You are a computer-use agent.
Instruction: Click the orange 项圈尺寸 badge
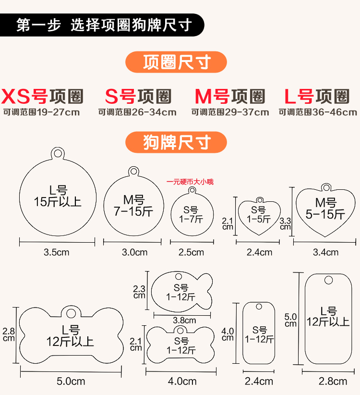coord(176,62)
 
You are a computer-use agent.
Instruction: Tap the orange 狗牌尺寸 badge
coord(176,142)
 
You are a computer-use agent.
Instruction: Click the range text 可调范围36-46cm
coord(318,112)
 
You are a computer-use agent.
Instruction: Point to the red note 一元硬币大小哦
coord(190,182)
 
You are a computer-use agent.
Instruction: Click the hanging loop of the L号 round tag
coord(58,154)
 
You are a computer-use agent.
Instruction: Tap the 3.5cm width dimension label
coord(56,252)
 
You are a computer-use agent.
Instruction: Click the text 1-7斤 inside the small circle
coord(191,219)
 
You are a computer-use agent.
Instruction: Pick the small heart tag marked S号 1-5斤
coord(259,215)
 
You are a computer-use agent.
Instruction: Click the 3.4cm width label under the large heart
coord(325,252)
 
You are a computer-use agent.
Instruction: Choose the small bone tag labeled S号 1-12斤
coord(181,345)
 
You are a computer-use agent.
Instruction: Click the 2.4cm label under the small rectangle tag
coord(259,381)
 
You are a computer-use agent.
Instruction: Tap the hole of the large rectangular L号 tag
coord(328,281)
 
